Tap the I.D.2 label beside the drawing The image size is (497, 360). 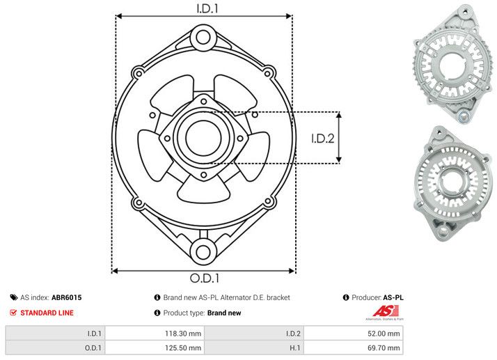click(x=323, y=138)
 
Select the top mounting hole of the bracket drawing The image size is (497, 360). click(x=203, y=36)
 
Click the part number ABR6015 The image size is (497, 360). click(x=67, y=297)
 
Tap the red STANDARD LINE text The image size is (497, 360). click(x=47, y=313)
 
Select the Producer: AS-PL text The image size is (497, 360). click(x=378, y=297)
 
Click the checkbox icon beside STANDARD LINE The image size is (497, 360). click(x=13, y=313)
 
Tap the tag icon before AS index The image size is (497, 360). click(x=13, y=297)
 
